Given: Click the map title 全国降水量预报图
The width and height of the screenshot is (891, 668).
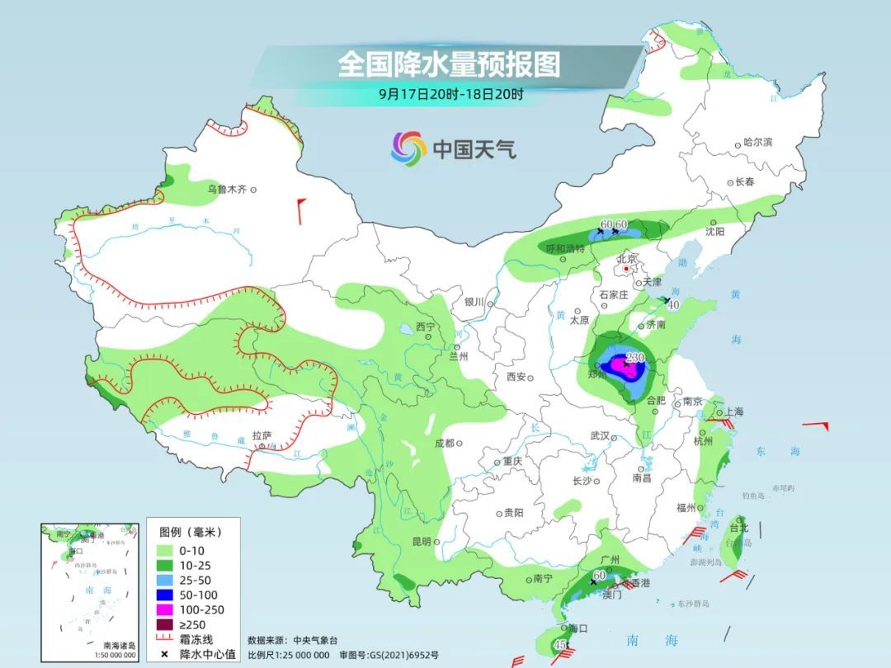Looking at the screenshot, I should click(x=449, y=64).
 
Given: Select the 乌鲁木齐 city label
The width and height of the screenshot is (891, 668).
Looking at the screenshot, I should click(x=226, y=190).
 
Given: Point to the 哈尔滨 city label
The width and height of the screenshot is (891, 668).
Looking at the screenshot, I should click(x=757, y=143).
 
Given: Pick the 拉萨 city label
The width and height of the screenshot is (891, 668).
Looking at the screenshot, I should click(x=262, y=435).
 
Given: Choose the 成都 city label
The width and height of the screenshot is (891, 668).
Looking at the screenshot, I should click(x=444, y=443).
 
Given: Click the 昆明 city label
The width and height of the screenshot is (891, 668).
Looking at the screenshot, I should click(x=421, y=542).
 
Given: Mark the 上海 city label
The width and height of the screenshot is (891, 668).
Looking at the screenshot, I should click(x=733, y=412).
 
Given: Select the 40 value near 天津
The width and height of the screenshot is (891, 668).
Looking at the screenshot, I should click(x=672, y=305).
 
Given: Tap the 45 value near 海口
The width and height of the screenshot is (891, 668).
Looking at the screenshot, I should click(x=560, y=644).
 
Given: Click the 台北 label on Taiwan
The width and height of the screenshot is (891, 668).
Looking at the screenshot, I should click(x=738, y=527).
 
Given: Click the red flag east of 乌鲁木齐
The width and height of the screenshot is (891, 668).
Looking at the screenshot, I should click(x=301, y=209).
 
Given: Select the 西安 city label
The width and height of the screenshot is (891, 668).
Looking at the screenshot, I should click(x=516, y=377).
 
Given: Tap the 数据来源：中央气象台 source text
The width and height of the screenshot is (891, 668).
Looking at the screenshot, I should click(x=293, y=640).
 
